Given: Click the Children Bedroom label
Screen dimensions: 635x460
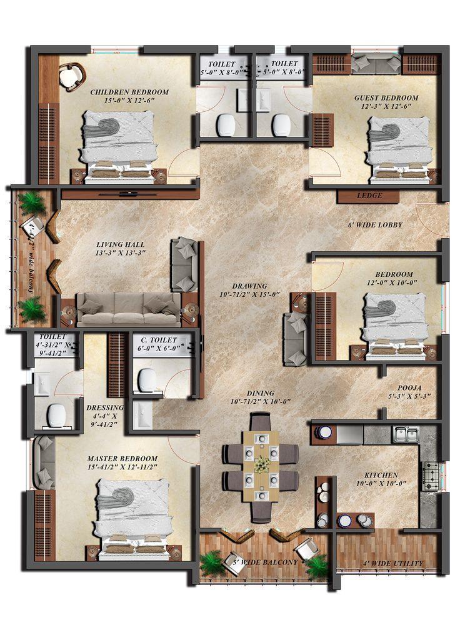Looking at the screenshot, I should click(129, 92).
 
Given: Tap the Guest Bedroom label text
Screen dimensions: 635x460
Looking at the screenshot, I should click(386, 97).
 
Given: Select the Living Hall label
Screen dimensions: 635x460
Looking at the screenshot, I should click(121, 244).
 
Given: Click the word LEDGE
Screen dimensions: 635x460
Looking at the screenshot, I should click(369, 196).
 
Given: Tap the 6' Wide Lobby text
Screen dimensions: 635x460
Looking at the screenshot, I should click(375, 225).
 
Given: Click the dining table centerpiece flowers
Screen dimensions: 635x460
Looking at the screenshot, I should click(262, 464).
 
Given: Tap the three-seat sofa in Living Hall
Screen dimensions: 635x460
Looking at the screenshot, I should click(127, 308).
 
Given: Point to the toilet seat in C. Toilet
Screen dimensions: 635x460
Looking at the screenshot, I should click(147, 379).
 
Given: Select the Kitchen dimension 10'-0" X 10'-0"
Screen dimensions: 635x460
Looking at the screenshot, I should click(381, 483).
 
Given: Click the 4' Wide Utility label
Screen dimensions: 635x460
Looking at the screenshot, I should click(393, 563).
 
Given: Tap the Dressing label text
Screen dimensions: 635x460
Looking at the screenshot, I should click(104, 407).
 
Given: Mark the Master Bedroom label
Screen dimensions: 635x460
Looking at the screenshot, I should click(122, 458).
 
